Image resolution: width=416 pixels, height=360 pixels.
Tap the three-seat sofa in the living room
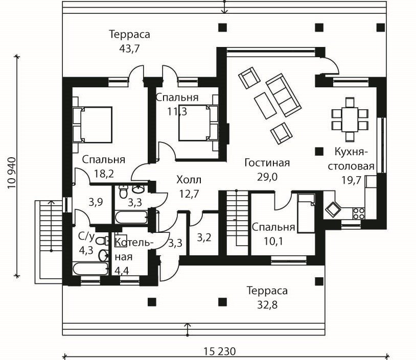(284, 95)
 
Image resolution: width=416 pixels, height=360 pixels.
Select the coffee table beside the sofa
(265, 106)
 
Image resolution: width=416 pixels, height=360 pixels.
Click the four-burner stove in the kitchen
(358, 213)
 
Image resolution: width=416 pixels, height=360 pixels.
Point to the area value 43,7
(129, 49)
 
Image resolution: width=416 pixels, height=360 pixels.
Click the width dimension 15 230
(220, 351)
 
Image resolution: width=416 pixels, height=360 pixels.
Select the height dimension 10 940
(12, 173)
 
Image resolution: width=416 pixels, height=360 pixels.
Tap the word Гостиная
(267, 163)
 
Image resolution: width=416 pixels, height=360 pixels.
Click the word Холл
(189, 180)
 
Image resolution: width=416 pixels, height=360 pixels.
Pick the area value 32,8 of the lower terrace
(267, 305)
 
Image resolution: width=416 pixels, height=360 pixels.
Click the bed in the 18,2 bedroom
(92, 125)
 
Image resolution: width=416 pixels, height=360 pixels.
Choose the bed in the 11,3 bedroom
(198, 123)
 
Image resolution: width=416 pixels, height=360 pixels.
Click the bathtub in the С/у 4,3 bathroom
(90, 269)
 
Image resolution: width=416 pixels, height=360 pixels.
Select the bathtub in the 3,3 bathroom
(131, 217)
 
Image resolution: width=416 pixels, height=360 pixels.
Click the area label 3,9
(96, 203)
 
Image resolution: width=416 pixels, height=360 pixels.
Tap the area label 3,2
(204, 237)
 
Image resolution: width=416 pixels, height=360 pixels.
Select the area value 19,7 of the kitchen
(351, 180)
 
